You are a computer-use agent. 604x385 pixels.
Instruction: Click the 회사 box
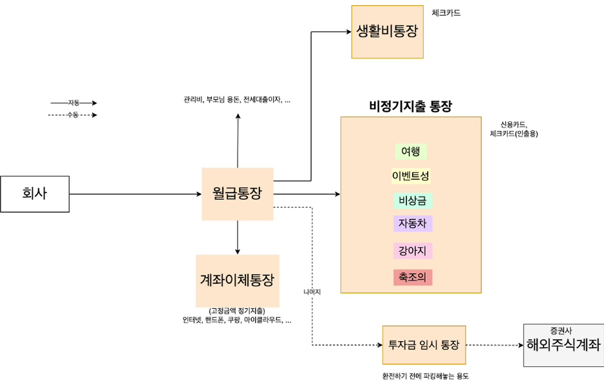35,193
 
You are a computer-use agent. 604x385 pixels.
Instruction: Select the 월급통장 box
237,193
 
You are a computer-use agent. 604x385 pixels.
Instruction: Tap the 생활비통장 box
387,32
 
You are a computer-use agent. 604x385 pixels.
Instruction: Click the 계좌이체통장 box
237,281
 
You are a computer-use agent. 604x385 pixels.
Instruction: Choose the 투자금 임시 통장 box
424,345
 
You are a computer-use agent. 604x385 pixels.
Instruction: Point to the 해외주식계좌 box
563,345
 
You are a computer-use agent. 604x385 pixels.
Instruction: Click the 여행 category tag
410,152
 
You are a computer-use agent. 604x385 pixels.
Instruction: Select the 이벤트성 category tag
410,175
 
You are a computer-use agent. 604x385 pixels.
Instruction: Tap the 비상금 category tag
411,201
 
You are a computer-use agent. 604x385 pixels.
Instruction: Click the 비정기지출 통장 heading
410,106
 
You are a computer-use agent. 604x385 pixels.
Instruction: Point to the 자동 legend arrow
73,103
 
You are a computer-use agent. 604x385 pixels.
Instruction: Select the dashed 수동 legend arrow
73,115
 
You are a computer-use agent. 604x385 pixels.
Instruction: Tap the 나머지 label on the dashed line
312,291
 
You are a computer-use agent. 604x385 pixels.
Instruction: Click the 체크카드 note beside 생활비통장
446,13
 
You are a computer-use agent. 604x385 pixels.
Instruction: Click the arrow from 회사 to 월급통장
135,193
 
